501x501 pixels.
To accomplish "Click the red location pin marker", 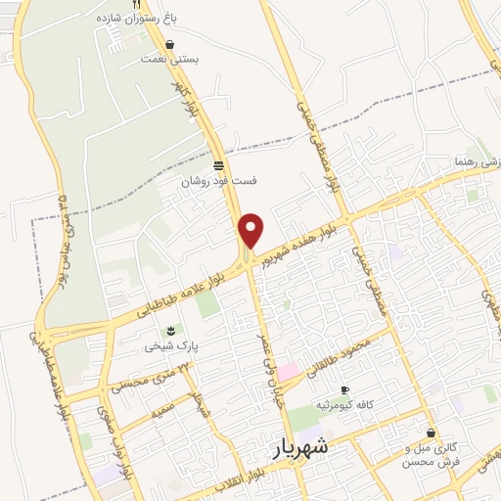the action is (x=252, y=230).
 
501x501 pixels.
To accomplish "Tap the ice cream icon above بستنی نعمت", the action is (x=171, y=44).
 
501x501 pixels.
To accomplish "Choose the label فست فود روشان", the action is (x=216, y=181).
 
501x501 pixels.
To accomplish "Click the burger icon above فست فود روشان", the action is (x=217, y=165).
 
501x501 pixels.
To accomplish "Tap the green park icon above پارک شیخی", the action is (x=171, y=330).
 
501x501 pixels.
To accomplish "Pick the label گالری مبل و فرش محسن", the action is (x=431, y=453).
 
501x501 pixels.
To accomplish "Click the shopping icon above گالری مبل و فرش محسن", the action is (x=431, y=433).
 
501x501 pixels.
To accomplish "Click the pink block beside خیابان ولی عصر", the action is (x=290, y=372).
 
